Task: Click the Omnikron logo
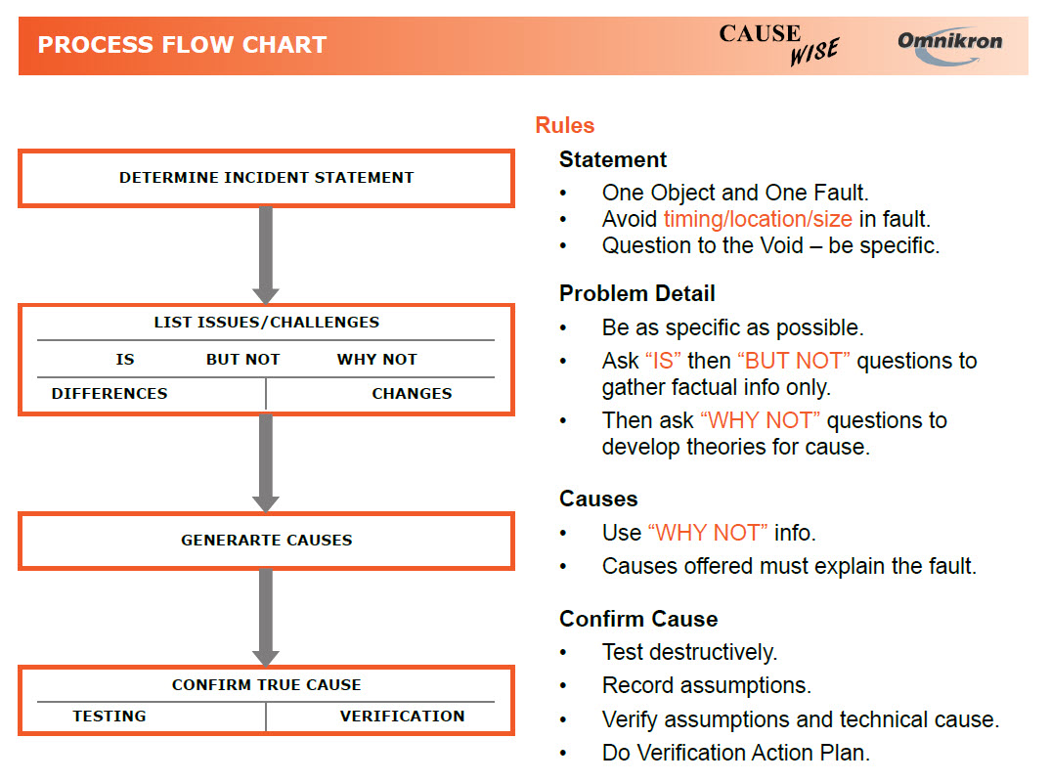click(x=949, y=44)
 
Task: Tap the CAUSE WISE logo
click(x=778, y=44)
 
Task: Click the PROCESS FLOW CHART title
click(x=182, y=45)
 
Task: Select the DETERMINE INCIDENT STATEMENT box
click(x=266, y=178)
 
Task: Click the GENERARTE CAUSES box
click(x=266, y=540)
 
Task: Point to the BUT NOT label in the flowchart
click(x=242, y=360)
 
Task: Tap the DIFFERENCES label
click(x=109, y=393)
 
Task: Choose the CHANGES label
click(x=412, y=393)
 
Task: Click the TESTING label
click(x=109, y=716)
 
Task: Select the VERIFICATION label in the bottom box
click(x=402, y=716)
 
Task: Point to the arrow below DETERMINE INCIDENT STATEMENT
click(x=266, y=254)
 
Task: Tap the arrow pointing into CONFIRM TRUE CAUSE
click(x=266, y=616)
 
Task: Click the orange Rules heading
click(x=564, y=125)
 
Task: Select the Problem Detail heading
click(x=636, y=293)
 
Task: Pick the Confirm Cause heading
click(x=637, y=619)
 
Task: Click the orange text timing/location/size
click(x=758, y=219)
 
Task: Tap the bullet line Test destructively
click(x=689, y=652)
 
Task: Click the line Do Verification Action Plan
click(x=735, y=753)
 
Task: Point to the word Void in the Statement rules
click(x=780, y=245)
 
